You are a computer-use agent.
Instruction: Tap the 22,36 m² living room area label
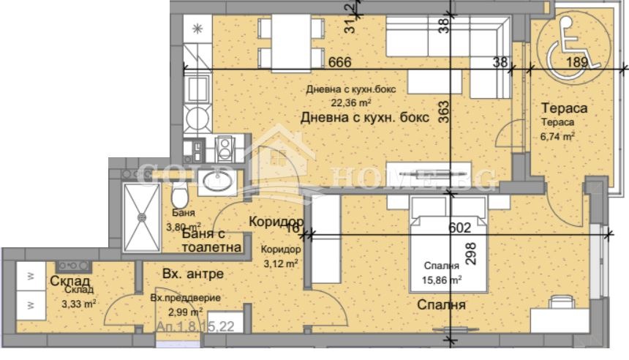coord(350,102)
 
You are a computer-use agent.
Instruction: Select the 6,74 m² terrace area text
coord(557,135)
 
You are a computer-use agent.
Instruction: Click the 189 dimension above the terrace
coord(578,63)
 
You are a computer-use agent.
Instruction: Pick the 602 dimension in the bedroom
coord(459,228)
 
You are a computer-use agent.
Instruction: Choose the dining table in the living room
coord(291,41)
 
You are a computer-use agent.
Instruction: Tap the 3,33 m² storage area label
coord(79,302)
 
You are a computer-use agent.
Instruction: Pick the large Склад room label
coord(70,282)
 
